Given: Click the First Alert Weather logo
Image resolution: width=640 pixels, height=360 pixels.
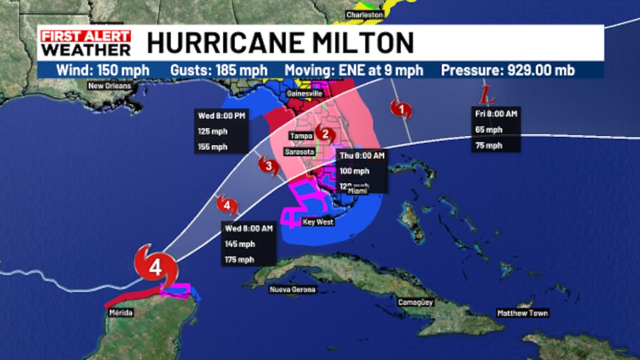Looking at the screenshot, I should (x=85, y=43).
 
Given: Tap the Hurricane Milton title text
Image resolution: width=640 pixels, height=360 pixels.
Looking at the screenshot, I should (x=280, y=43).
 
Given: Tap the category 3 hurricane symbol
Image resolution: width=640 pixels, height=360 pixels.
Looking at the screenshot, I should (x=268, y=165).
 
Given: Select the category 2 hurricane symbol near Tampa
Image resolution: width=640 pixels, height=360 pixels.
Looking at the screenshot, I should (x=324, y=134).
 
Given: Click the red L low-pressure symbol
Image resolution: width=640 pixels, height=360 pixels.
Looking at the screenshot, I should (x=485, y=97).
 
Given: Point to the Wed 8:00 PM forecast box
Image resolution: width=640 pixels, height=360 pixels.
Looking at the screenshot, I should (x=223, y=131).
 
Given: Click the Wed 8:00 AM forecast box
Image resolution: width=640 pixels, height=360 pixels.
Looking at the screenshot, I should (x=248, y=244).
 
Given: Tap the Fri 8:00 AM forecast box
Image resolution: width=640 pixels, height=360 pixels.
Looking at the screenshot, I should (x=497, y=130).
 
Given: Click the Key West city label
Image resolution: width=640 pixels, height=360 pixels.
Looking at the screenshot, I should (x=319, y=222).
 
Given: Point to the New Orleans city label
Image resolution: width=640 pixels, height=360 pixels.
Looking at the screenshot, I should (x=110, y=86).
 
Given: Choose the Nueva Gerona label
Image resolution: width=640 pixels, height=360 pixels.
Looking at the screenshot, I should (x=293, y=289).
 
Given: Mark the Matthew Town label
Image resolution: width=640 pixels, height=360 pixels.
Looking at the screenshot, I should (x=522, y=314).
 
